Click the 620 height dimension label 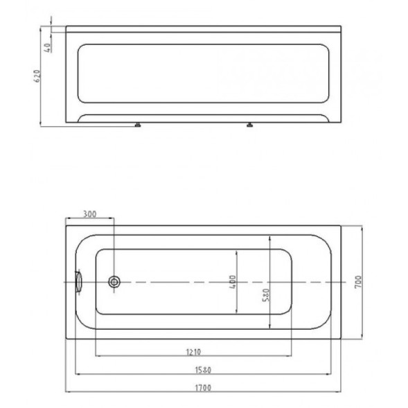pos(37,76)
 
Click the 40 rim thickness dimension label pos(47,48)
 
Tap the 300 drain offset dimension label pos(89,214)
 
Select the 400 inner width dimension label pos(233,282)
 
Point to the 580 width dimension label pos(266,295)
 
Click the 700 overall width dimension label pos(358,281)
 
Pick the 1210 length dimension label pos(193,352)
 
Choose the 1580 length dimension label pos(203,370)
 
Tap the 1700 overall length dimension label pos(203,388)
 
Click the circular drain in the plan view pos(114,282)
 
